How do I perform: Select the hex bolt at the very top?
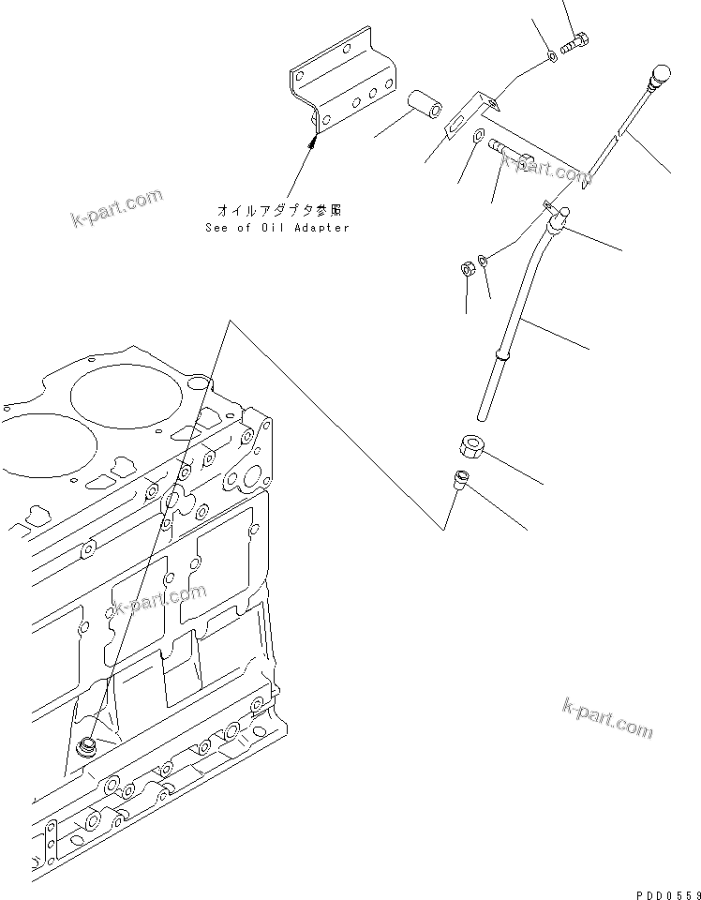(x=574, y=43)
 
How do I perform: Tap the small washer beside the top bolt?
(x=552, y=57)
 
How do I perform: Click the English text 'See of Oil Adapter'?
(x=276, y=228)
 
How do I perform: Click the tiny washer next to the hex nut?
(x=483, y=259)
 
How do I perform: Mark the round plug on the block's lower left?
(x=88, y=746)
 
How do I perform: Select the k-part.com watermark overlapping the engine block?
(x=157, y=602)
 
